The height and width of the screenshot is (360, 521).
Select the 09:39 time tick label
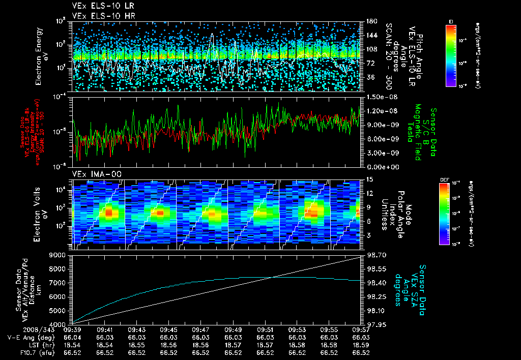coord(73,329)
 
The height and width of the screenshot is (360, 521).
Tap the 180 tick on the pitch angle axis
coord(369,21)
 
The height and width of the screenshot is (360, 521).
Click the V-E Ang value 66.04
coord(73,337)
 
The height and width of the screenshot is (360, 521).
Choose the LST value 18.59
coord(361,345)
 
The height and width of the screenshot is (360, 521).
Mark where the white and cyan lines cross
coord(274,277)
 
